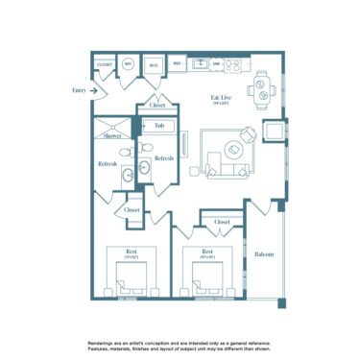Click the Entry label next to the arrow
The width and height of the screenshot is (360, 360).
tap(78, 90)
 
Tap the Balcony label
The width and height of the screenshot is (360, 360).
tap(265, 253)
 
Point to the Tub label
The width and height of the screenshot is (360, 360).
tap(159, 125)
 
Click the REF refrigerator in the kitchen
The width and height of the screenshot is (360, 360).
tap(178, 65)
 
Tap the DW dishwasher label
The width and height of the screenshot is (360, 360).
tap(218, 65)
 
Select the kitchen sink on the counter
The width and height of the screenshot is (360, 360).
tap(200, 64)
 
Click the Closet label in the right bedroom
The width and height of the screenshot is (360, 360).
tap(222, 222)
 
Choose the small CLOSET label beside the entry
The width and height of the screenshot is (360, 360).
tap(105, 65)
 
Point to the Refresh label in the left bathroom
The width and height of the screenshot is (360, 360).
tap(108, 164)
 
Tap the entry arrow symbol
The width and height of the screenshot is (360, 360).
tap(95, 90)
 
